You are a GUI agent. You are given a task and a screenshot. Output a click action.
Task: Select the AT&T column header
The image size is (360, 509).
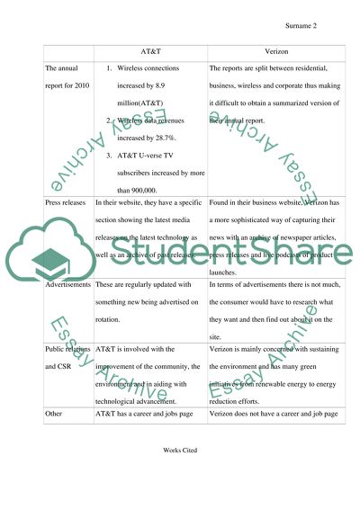click(x=150, y=53)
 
